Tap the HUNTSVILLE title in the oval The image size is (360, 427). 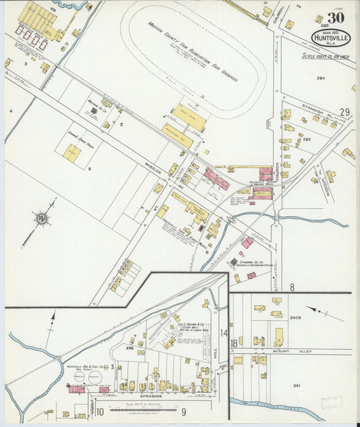pyautogui.click(x=331, y=39)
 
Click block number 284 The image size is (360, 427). pyautogui.click(x=321, y=78)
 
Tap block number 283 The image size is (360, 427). pyautogui.click(x=307, y=139)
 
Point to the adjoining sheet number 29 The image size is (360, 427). pyautogui.click(x=344, y=112)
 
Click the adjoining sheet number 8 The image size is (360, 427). pyautogui.click(x=292, y=287)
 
